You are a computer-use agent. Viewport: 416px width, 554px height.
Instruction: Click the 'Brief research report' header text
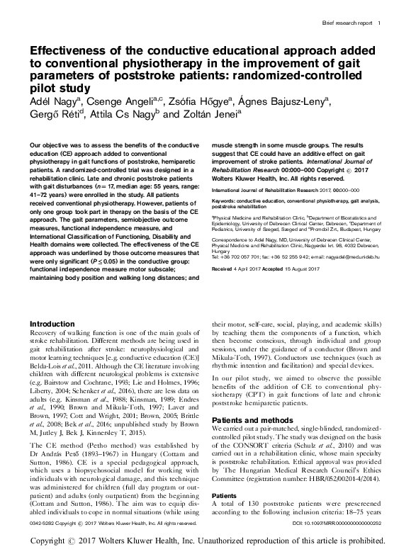[x=345, y=23]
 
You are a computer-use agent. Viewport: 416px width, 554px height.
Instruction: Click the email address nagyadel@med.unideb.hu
[x=352, y=275]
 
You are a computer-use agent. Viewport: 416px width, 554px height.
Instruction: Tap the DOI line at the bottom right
[x=336, y=522]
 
